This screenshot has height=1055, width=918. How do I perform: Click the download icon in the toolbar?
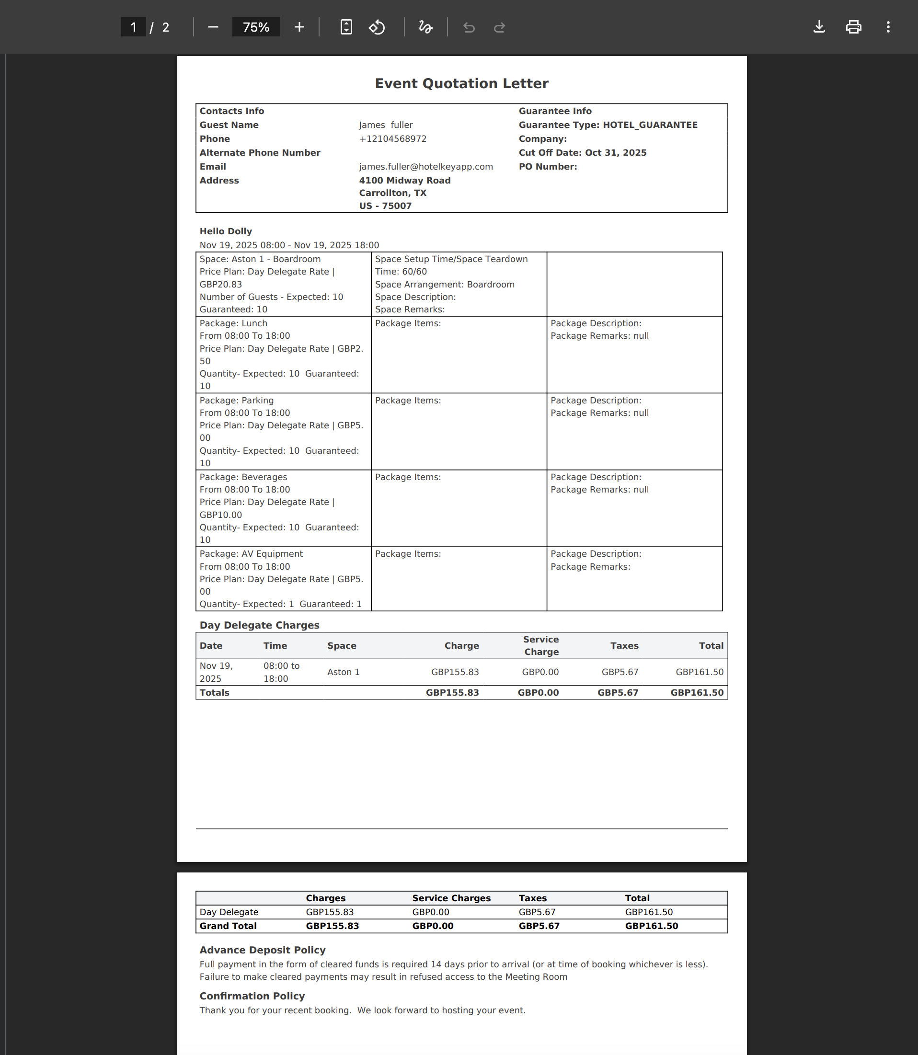(819, 27)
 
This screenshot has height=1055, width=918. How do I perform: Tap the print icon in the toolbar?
(853, 27)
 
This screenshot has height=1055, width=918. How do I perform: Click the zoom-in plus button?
(299, 27)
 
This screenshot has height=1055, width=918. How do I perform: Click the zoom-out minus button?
(213, 27)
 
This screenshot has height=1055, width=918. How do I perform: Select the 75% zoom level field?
(256, 27)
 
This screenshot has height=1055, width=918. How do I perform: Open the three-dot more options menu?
(888, 27)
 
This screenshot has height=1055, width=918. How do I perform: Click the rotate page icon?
(377, 27)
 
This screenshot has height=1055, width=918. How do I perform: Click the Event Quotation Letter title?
(461, 83)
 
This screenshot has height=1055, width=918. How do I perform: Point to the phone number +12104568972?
(392, 139)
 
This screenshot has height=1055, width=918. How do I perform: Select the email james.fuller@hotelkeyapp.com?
(426, 166)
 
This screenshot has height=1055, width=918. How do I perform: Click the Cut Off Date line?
(583, 153)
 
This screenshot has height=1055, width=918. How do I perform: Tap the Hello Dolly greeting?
(225, 231)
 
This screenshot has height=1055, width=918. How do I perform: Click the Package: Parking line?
(236, 400)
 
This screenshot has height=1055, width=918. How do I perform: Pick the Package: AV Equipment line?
(251, 554)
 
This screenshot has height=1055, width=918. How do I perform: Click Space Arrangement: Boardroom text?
(444, 284)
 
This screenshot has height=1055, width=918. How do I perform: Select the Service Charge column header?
(541, 645)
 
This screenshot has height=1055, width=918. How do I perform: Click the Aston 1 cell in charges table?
(343, 672)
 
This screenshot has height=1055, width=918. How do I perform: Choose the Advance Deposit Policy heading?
(262, 950)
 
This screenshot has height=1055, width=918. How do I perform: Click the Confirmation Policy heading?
(252, 996)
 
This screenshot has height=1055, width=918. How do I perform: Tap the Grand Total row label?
(228, 926)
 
